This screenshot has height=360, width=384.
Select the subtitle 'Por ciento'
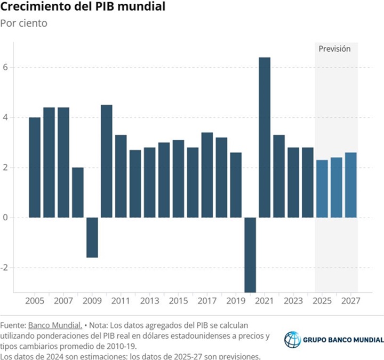pos(23,23)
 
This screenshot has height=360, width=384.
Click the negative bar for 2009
pos(92,237)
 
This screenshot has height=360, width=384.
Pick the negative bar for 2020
pos(250,254)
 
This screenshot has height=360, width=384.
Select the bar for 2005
pos(35,167)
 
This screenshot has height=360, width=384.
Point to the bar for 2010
pos(107,161)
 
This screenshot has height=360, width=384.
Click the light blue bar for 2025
pos(322,189)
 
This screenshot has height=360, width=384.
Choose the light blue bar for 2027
pos(350,185)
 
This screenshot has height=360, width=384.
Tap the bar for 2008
pos(78,193)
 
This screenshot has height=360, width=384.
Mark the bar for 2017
pos(207,175)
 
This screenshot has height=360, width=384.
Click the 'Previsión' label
pos(334,49)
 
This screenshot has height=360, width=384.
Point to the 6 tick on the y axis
pos(5,68)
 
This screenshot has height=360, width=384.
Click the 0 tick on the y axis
pos(5,218)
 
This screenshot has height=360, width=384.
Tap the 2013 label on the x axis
pos(149,301)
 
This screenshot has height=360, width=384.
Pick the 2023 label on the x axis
pos(293,301)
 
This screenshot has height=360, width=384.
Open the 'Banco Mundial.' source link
pos(55,325)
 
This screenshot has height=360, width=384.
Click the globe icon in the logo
pos(292,340)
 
